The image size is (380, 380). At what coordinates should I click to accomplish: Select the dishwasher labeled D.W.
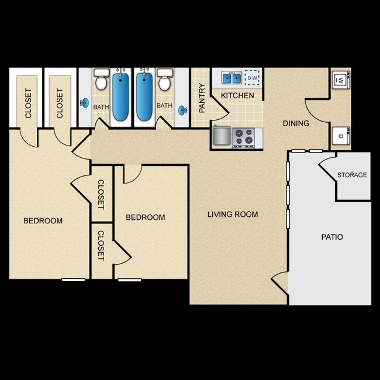tap(253, 77)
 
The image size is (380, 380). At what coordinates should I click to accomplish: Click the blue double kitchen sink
tap(232, 77)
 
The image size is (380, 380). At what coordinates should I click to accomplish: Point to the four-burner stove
tap(244, 137)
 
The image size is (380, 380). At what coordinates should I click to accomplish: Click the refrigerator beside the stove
tap(222, 136)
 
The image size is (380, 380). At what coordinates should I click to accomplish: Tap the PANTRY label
tap(202, 98)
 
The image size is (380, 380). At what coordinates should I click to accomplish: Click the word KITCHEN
tap(237, 95)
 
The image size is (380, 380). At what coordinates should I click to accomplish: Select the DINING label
tap(296, 123)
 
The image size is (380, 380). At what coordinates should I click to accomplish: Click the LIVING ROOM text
tap(233, 215)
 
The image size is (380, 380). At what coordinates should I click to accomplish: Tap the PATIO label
tap(332, 237)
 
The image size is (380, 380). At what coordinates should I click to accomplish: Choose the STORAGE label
tap(352, 175)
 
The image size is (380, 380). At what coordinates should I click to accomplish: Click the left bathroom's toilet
tap(101, 81)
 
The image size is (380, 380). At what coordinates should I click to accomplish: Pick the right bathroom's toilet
tap(164, 81)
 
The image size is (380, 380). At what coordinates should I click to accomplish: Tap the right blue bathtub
tap(144, 96)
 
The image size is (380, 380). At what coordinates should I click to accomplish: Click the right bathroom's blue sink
tap(182, 109)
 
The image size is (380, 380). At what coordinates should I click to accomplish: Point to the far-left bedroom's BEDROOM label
tap(43, 221)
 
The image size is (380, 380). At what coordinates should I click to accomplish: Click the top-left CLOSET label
tap(28, 103)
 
